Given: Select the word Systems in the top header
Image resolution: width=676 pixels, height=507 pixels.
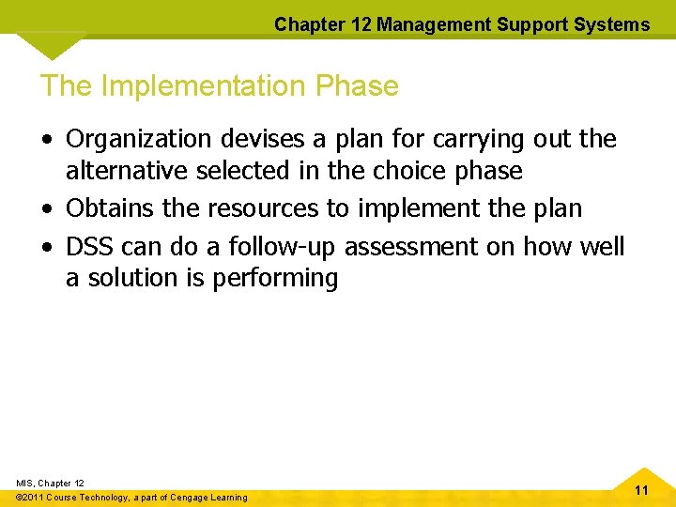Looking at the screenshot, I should pos(615,24).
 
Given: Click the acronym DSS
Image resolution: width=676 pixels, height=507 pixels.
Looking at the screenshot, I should pos(91,246).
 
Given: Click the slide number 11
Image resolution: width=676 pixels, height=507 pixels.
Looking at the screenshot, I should pos(642,491).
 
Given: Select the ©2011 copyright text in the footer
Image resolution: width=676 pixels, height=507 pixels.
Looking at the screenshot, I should pos(33,498).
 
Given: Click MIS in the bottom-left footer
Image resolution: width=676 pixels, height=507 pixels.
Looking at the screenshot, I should pos(25,484).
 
